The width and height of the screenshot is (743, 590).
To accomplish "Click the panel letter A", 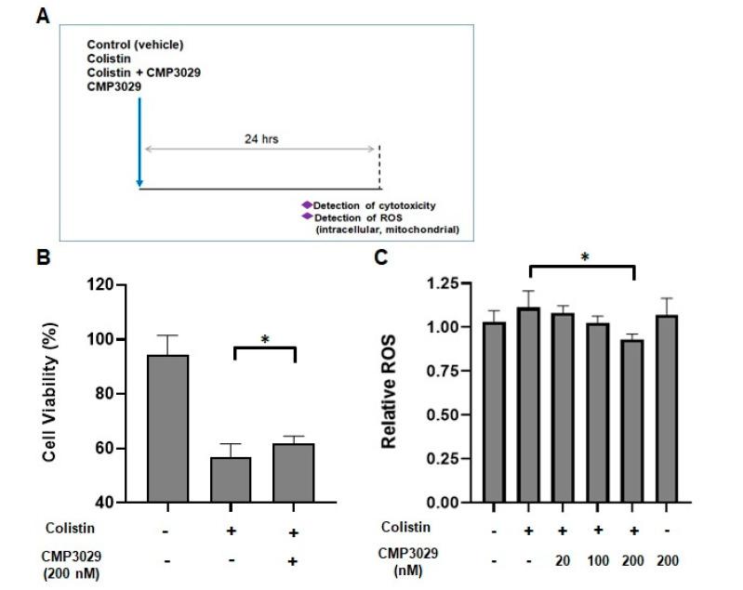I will coord(42,17).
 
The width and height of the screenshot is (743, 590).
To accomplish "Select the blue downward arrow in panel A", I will coord(139,140).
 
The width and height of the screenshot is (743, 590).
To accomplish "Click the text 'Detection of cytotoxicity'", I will coord(373,205).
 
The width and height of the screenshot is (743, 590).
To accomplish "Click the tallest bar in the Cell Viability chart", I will coord(166,428).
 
